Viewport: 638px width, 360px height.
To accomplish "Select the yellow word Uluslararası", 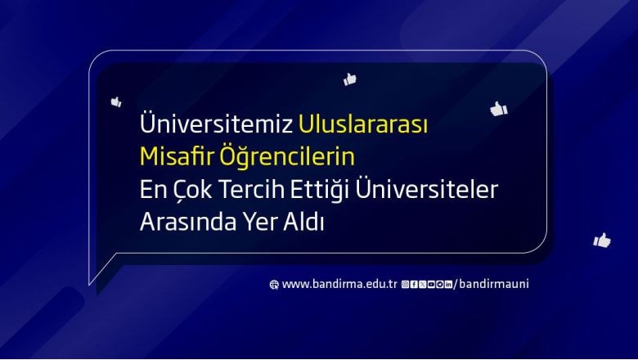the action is pyautogui.click(x=363, y=124).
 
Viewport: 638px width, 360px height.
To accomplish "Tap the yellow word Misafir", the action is pyautogui.click(x=177, y=155).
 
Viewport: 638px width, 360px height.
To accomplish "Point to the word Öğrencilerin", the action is pyautogui.click(x=287, y=155).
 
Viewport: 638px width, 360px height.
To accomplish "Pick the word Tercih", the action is pyautogui.click(x=251, y=189).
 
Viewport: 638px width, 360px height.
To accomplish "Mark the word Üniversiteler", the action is pyautogui.click(x=427, y=188).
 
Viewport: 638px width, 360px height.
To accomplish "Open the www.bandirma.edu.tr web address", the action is pyautogui.click(x=339, y=284).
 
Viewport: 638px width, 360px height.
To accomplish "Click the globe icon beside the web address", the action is pyautogui.click(x=274, y=285).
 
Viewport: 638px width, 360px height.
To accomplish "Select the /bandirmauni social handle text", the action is pyautogui.click(x=492, y=284).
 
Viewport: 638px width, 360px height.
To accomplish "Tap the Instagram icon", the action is pyautogui.click(x=405, y=285).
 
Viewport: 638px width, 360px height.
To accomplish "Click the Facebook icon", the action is pyautogui.click(x=414, y=285).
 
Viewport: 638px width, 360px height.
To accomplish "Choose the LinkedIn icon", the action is pyautogui.click(x=448, y=285).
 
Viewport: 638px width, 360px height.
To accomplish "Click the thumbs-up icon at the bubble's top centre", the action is pyautogui.click(x=349, y=79).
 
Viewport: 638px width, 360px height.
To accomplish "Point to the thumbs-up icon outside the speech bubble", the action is pyautogui.click(x=602, y=240).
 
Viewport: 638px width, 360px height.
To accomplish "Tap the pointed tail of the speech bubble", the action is pyautogui.click(x=89, y=285).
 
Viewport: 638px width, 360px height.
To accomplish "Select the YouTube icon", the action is pyautogui.click(x=431, y=285).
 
